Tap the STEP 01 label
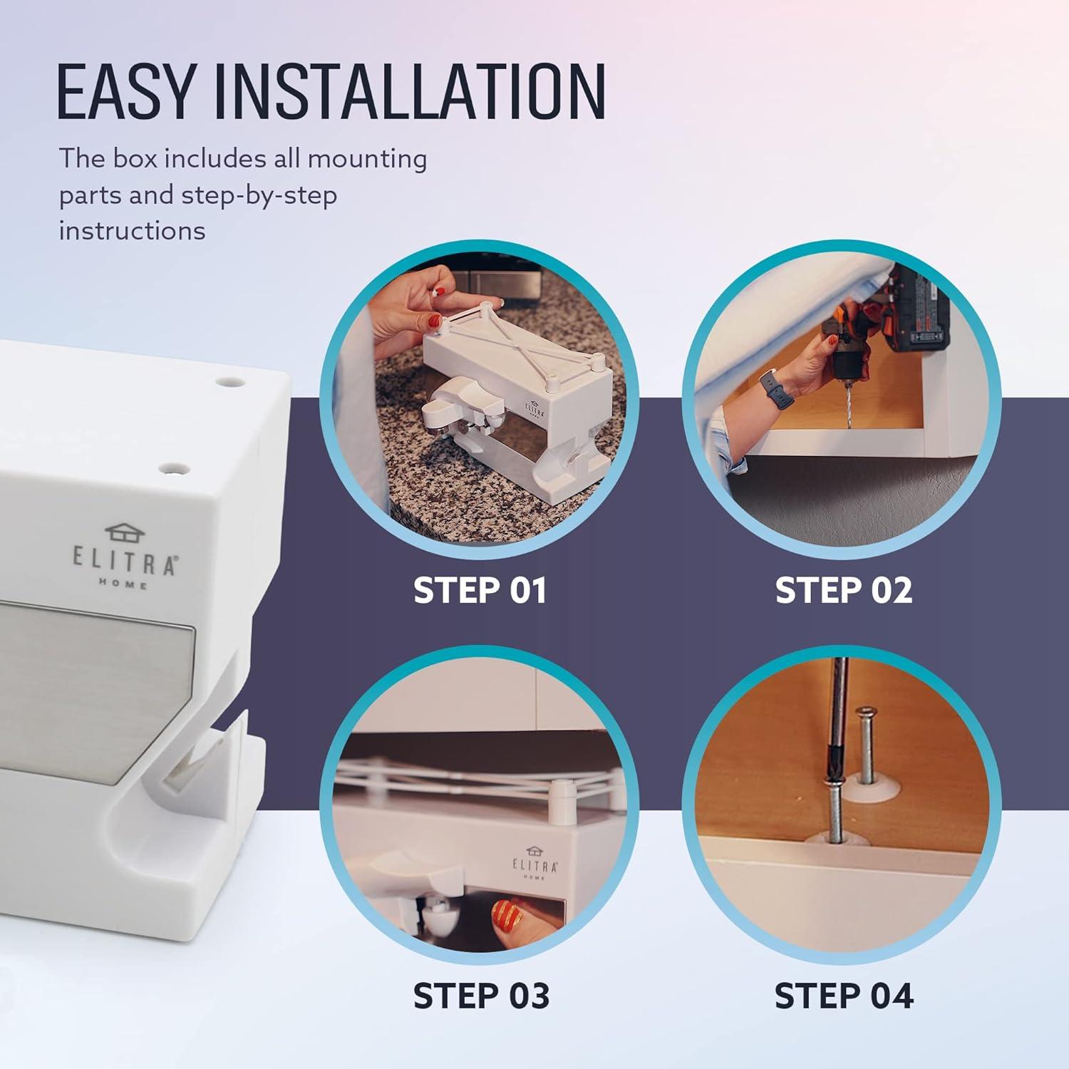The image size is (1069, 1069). point(480,591)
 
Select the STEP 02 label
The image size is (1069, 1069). point(844,591)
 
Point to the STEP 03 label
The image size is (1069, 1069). point(481,996)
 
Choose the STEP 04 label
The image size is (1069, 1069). point(844,996)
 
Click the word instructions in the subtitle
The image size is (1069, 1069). point(132,231)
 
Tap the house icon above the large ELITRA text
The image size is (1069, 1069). point(125,532)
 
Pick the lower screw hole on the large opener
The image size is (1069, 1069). point(173,469)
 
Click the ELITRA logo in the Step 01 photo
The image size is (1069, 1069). point(535,410)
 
